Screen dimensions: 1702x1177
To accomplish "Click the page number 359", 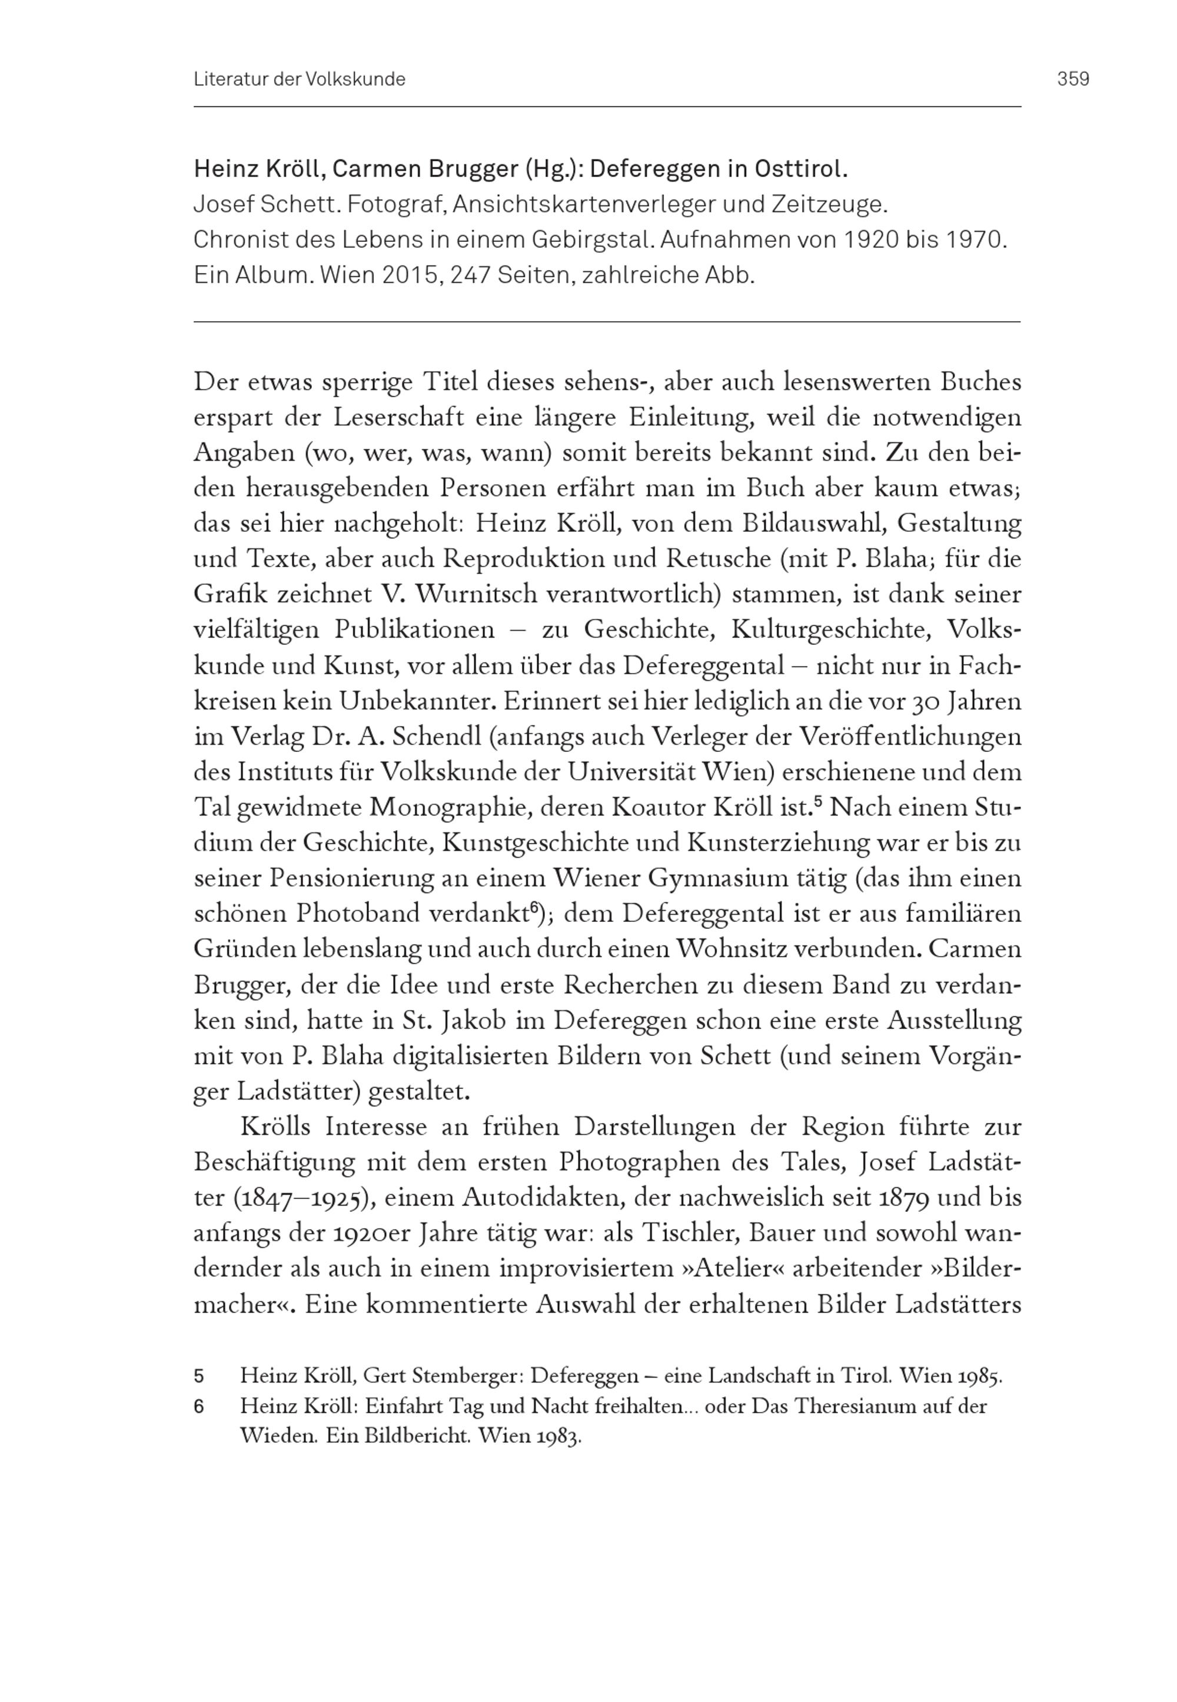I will (1073, 79).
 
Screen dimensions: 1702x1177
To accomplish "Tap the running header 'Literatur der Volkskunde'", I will (300, 79).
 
